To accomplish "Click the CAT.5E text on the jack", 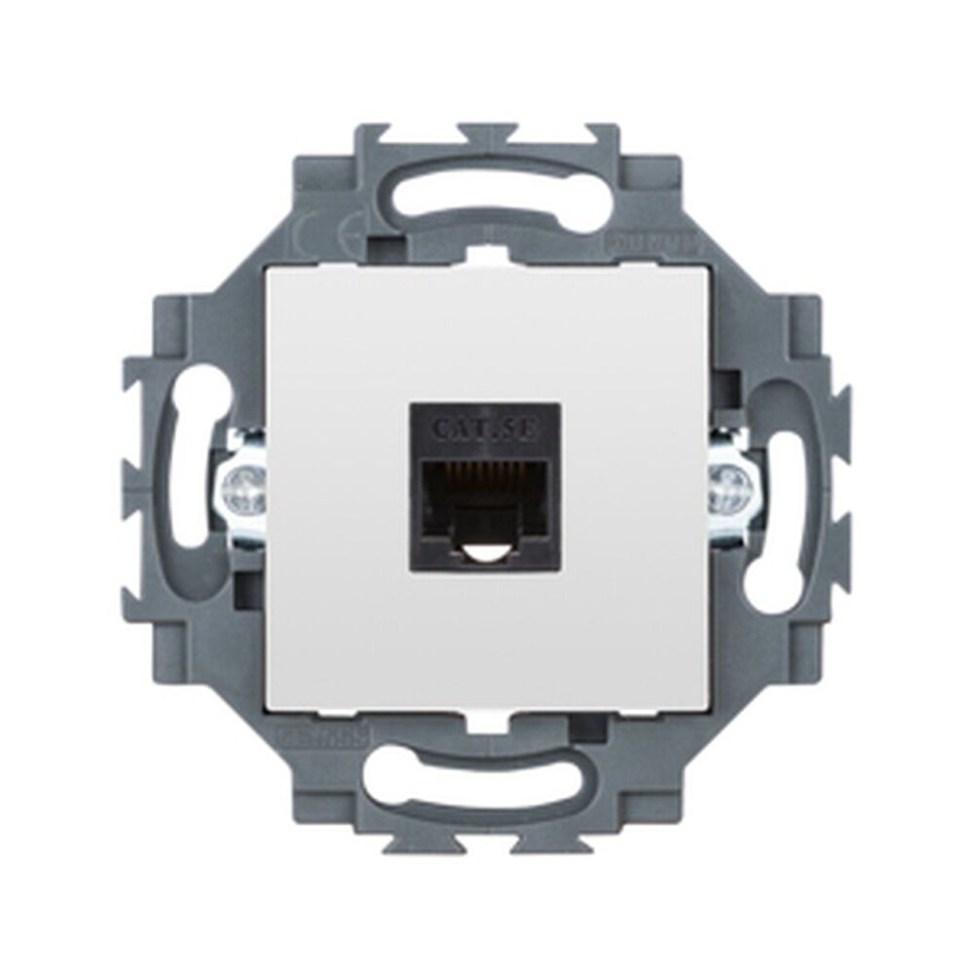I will click(x=484, y=428).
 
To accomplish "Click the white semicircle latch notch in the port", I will click(x=484, y=556).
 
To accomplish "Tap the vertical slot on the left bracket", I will click(x=195, y=487).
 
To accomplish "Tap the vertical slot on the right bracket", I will click(x=779, y=487).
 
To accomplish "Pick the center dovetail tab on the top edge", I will click(x=487, y=132).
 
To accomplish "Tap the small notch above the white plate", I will click(x=487, y=255).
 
